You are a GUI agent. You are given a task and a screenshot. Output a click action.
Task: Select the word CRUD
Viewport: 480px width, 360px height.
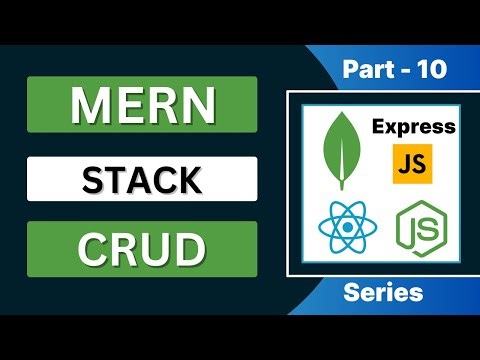142,249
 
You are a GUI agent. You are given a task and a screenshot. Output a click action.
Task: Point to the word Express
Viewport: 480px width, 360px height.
413,127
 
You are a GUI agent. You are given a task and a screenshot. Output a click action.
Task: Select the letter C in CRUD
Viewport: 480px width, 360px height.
92,249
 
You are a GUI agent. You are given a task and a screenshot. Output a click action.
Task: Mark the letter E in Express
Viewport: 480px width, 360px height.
378,127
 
